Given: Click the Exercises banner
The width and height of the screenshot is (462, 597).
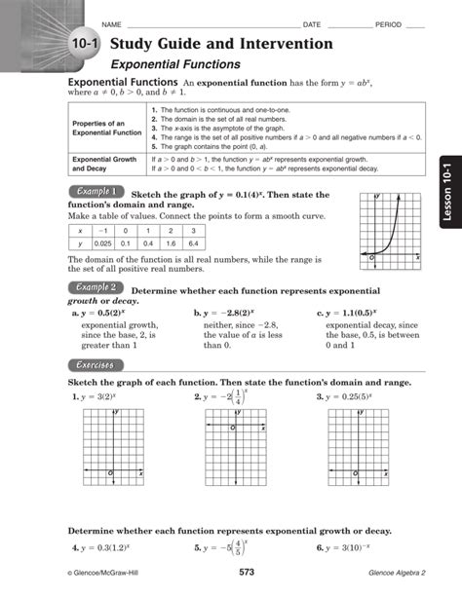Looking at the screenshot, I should pos(94,364).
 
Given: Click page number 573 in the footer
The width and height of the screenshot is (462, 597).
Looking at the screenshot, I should pos(247,571).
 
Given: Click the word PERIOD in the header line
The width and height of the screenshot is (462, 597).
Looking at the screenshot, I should pos(387,23).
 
